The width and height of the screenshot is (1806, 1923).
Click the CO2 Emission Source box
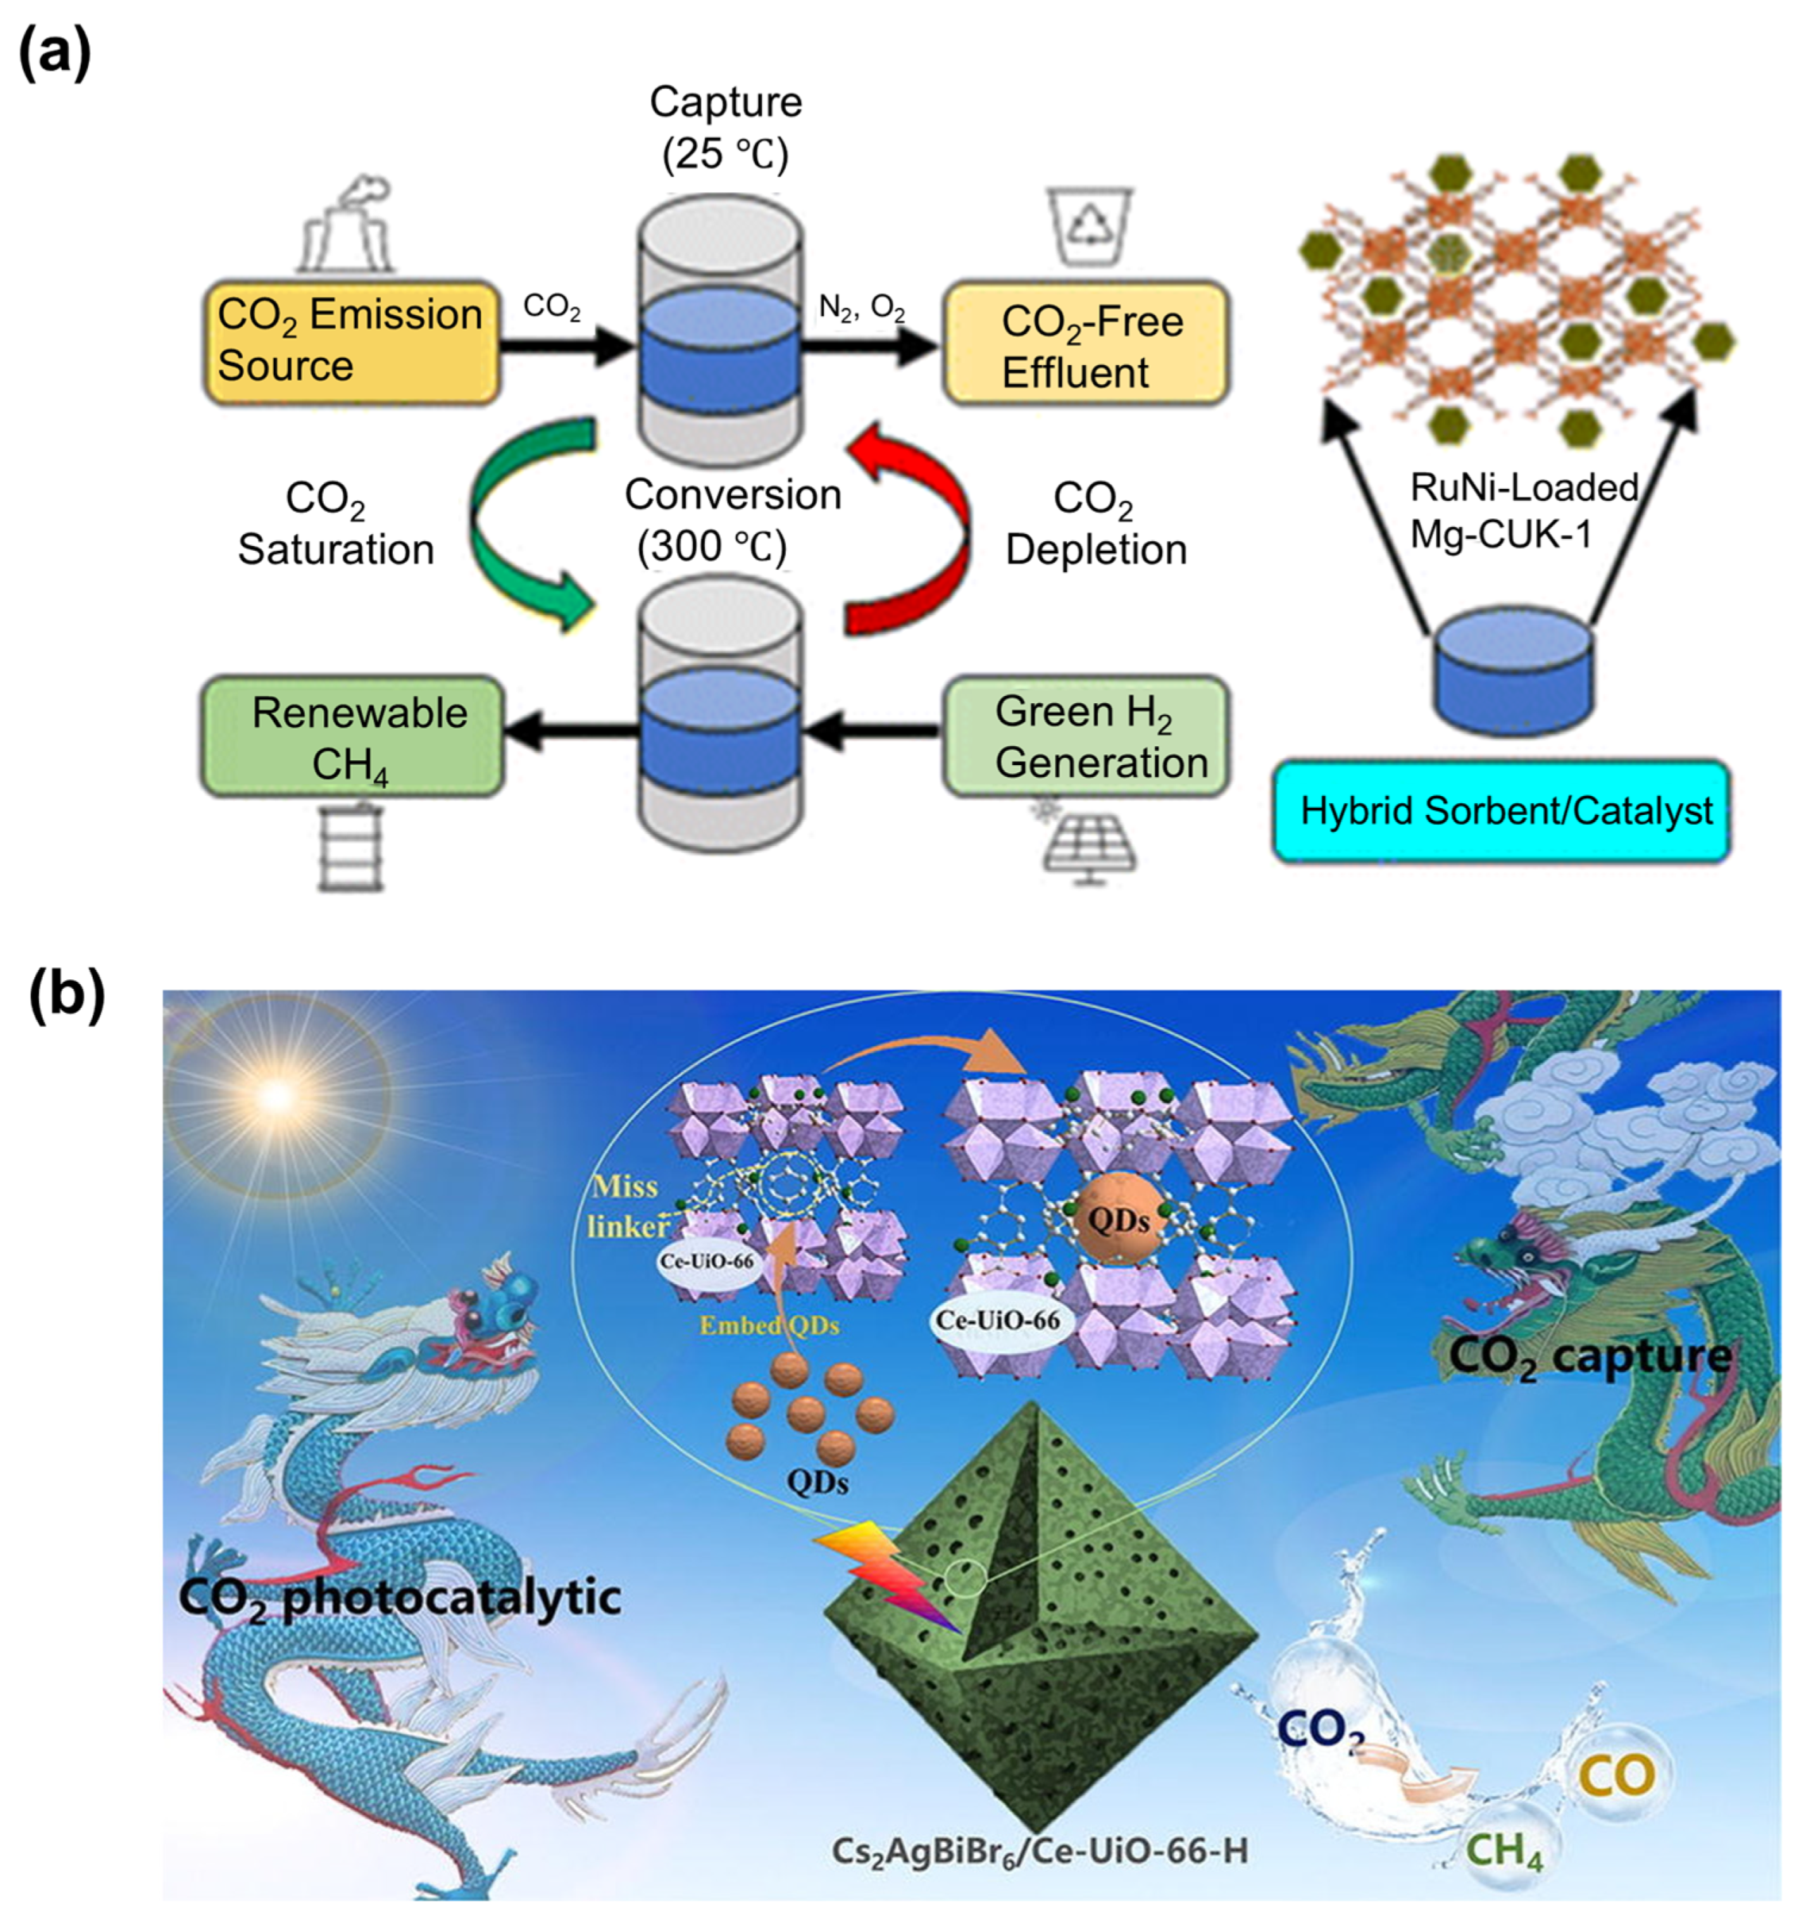click(350, 341)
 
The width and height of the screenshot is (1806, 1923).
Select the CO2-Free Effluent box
click(1085, 344)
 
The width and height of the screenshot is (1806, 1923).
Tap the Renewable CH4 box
click(352, 737)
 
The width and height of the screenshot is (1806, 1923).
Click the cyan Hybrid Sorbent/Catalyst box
click(1500, 810)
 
